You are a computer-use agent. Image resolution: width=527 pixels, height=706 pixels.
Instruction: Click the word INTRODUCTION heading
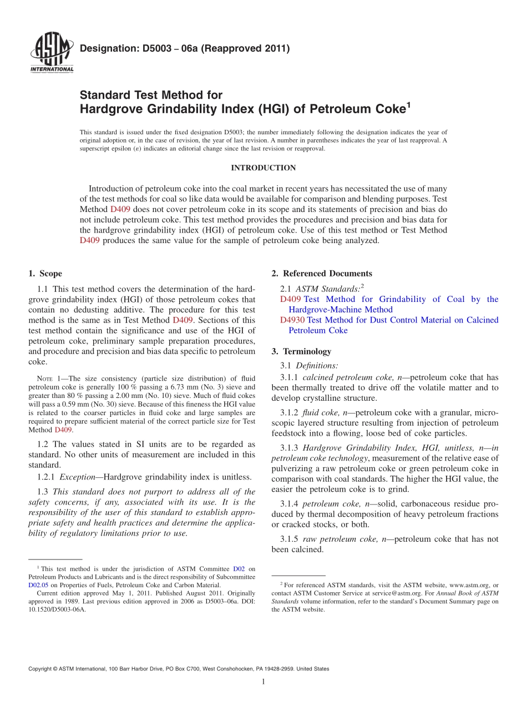click(x=263, y=168)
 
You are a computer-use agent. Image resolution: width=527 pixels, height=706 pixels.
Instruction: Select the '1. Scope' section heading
click(x=45, y=273)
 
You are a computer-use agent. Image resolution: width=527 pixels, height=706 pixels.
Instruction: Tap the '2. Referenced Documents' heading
click(x=322, y=273)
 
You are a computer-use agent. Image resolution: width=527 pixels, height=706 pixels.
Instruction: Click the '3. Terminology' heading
click(x=301, y=351)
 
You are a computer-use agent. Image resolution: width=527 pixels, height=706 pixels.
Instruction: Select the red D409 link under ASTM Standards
click(x=291, y=299)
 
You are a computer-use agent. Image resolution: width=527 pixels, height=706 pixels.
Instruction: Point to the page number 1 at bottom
click(x=263, y=682)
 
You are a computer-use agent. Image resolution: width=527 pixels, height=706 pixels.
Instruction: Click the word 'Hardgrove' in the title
click(x=110, y=109)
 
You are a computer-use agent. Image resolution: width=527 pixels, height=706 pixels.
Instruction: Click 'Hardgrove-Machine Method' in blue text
click(x=340, y=310)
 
